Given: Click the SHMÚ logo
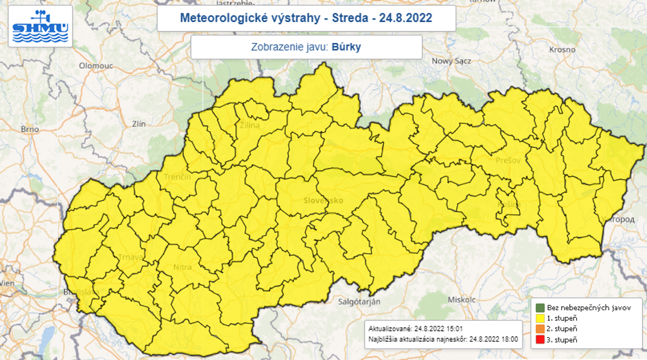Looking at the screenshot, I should coord(40,26).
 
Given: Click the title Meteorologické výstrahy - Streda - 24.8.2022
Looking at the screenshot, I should coord(306,17).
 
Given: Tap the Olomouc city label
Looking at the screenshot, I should coord(95,66).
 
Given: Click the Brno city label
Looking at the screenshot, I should coord(30,129).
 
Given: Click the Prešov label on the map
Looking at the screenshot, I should coord(508,160).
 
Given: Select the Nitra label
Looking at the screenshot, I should coord(182,267).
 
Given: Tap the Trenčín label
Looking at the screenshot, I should coord(178,177).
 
